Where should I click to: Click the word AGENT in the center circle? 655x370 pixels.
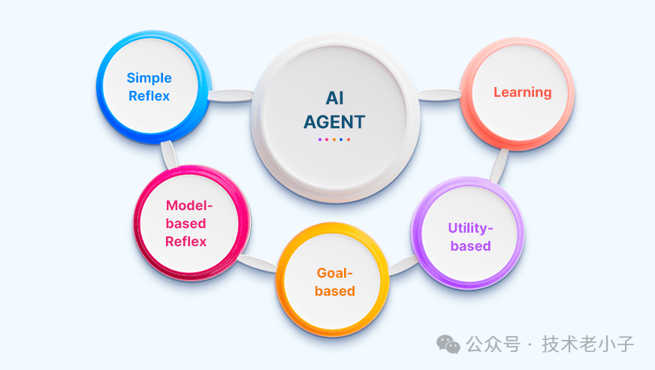[334, 121]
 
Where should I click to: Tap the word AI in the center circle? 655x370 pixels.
[334, 98]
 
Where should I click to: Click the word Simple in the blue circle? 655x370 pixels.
[149, 78]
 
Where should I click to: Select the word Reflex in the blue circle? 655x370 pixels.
[149, 95]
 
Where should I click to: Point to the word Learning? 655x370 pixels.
[522, 92]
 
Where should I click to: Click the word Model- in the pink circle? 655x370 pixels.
[190, 205]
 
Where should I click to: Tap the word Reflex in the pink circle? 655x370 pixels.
[186, 241]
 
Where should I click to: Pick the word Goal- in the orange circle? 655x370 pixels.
[334, 273]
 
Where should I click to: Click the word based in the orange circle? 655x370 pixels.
[334, 291]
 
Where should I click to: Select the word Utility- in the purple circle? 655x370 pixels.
[471, 227]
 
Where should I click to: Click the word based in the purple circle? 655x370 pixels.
[471, 245]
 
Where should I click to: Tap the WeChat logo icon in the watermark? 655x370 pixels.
[449, 344]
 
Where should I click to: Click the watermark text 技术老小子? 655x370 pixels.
[590, 344]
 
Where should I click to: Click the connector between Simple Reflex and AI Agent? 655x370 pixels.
[230, 95]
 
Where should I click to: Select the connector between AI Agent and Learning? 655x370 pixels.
[437, 95]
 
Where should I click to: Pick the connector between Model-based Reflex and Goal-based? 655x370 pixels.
[259, 263]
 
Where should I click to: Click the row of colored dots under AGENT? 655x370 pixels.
[334, 139]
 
